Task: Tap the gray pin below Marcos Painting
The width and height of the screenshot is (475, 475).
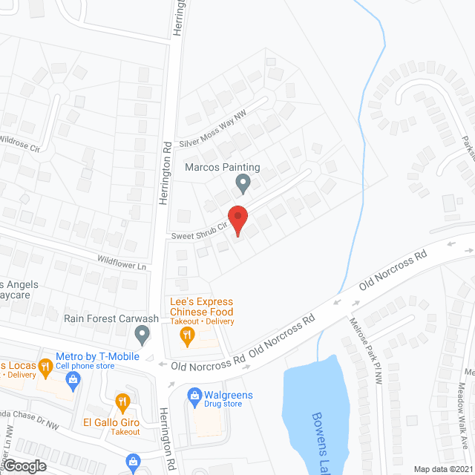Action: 242,182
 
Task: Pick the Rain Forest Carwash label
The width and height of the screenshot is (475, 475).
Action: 111,318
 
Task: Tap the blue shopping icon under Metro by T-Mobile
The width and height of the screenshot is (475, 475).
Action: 73,381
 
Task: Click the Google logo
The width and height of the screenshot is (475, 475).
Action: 24,465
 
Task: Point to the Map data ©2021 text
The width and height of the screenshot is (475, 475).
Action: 442,469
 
